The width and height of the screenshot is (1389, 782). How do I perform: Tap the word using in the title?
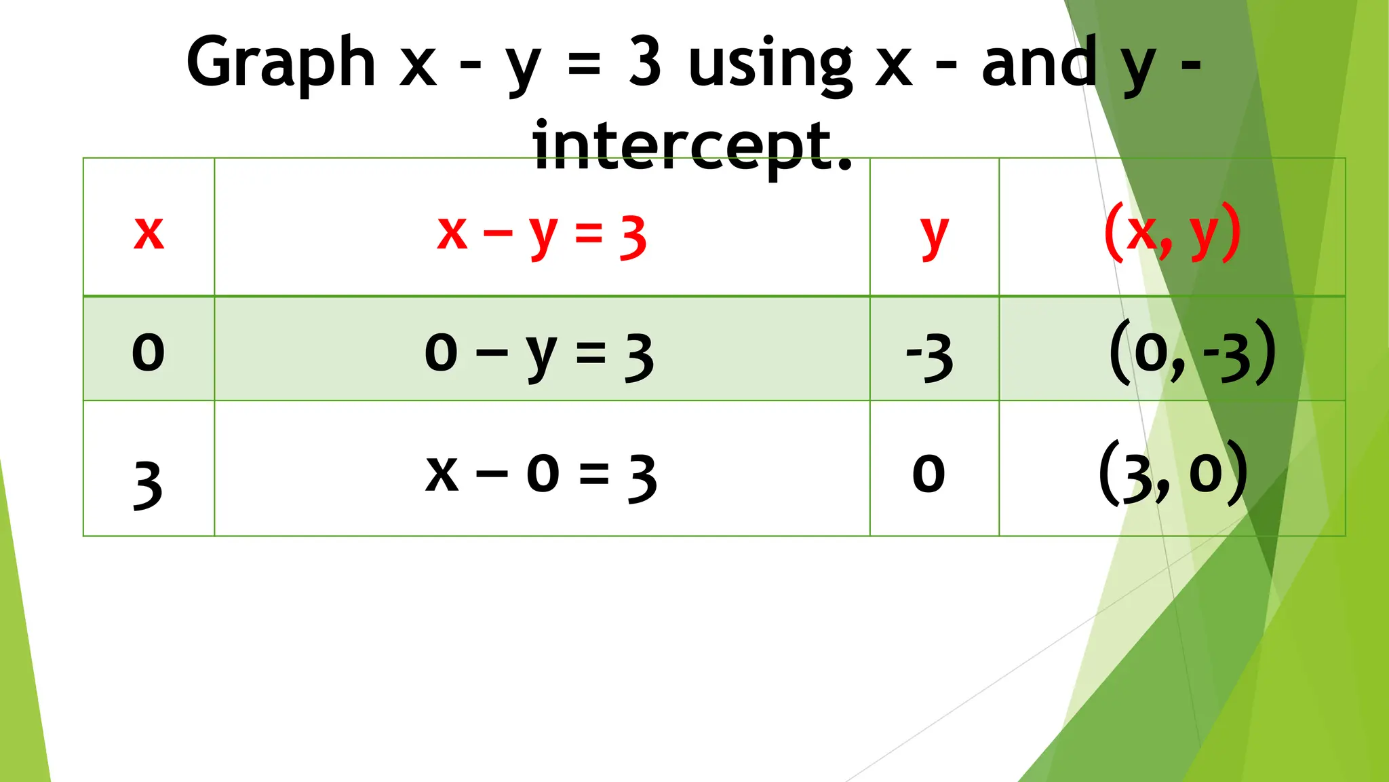770,64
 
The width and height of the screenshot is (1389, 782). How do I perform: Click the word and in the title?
1038,62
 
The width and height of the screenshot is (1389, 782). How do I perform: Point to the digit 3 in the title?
644,62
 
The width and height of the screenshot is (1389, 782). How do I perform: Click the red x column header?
149,233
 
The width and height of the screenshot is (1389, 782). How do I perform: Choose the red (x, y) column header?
1173,233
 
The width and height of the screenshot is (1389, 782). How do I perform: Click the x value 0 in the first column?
149,352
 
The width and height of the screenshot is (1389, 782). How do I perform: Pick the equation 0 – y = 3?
539,354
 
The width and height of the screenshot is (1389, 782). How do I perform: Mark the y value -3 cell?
930,357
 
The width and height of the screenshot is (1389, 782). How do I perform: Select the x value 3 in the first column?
149,483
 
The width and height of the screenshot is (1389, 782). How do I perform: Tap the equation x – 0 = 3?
541,475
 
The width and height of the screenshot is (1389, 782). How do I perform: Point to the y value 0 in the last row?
928,474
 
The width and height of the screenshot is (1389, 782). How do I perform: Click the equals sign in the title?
584,65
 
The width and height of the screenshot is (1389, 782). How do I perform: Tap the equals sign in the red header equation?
589,234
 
